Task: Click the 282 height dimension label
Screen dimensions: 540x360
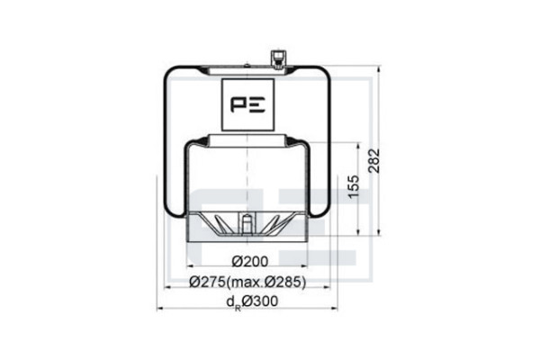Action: tap(373, 160)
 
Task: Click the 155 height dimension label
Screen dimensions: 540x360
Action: tap(354, 187)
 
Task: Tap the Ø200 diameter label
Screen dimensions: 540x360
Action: tap(249, 262)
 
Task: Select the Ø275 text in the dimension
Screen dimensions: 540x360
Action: tap(208, 282)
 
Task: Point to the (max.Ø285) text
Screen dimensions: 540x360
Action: tap(266, 282)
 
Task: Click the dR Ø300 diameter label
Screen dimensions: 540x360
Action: tap(252, 301)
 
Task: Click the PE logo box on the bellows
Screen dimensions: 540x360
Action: tap(248, 104)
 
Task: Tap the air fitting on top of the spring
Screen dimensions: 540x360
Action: tap(277, 59)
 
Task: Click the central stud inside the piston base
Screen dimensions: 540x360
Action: tap(247, 224)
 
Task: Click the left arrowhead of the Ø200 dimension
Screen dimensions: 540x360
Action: tap(189, 266)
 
